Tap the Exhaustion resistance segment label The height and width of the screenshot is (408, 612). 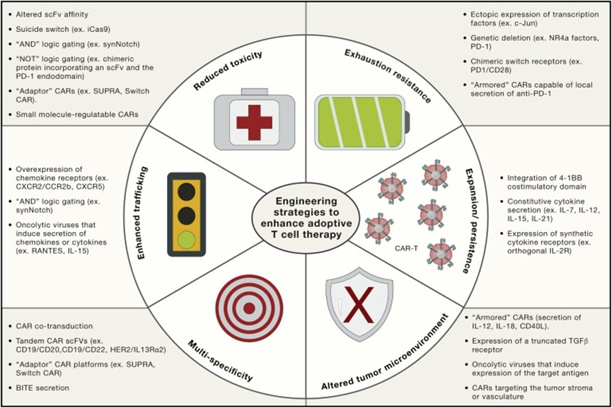(388, 75)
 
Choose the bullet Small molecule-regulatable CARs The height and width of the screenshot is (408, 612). (79, 114)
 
